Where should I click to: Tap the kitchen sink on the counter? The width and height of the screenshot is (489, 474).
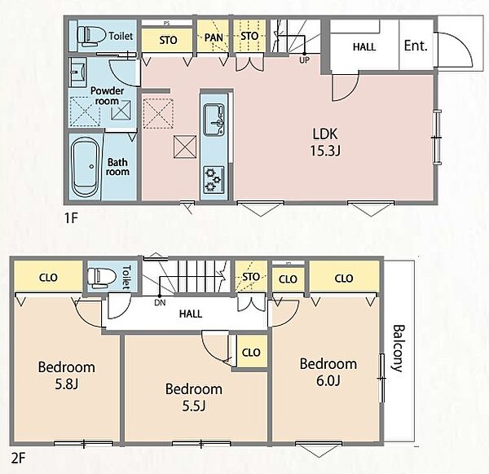coord(214,120)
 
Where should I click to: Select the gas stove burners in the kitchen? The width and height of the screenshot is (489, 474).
coord(214,179)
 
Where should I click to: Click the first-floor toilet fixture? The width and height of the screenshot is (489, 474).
coord(91,35)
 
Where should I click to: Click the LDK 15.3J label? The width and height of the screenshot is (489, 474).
coord(325,142)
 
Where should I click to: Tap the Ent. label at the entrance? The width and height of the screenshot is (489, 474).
coord(416,46)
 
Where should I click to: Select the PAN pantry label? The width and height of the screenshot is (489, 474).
coord(214,37)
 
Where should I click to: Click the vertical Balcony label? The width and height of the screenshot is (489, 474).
coord(398,349)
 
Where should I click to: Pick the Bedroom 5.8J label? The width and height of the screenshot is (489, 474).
coord(67,375)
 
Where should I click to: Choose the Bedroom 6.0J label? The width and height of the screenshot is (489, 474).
coord(328,372)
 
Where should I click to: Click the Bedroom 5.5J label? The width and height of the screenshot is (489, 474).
coord(194,397)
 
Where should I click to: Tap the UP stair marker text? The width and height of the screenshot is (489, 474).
coord(304,60)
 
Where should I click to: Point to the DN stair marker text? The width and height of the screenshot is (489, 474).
coord(160,302)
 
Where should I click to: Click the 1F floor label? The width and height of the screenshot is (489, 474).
coord(71,217)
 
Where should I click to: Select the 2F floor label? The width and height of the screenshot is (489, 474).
coord(18,459)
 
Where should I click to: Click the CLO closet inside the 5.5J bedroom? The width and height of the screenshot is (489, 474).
coord(251,353)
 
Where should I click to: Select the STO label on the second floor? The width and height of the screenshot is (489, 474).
coord(251,277)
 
